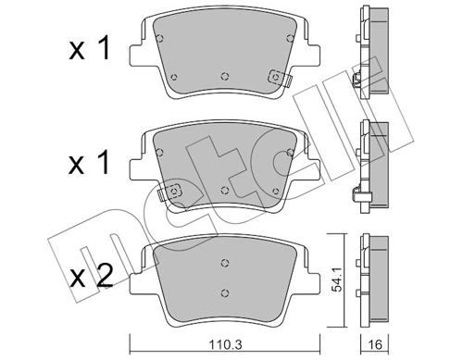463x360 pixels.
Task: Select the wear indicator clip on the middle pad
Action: (171, 192)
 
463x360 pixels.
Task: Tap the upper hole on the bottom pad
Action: (224, 262)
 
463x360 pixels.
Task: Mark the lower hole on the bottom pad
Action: (224, 293)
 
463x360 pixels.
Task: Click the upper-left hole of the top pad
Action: (160, 38)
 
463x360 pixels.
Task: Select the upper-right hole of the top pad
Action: (290, 38)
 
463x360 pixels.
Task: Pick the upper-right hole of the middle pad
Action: (291, 149)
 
